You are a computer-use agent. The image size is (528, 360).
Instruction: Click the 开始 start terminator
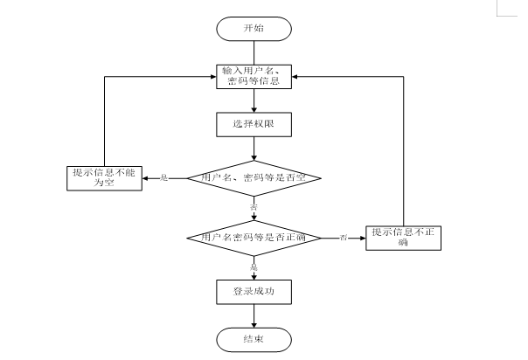point(254,28)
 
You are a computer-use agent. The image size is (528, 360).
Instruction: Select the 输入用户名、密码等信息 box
point(254,76)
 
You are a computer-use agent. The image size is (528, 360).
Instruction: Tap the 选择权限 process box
point(254,124)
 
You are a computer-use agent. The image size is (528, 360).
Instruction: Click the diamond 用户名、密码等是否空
point(254,178)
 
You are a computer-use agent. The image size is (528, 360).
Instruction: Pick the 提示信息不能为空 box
point(106,178)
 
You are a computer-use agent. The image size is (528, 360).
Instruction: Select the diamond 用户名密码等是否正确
point(254,237)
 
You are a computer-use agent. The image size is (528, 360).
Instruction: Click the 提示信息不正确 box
point(402,237)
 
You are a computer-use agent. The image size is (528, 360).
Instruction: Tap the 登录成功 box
point(254,291)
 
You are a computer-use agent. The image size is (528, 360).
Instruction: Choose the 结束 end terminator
point(254,337)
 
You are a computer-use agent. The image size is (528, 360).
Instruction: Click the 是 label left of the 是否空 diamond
point(163,178)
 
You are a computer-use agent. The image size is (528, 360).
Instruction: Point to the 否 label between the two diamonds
point(254,208)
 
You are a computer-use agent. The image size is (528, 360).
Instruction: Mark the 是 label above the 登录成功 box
point(254,266)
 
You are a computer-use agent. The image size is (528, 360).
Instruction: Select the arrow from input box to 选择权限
point(254,100)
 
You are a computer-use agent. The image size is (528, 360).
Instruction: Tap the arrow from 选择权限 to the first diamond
point(254,149)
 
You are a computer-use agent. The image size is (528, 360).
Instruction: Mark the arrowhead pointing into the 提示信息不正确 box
point(361,237)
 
